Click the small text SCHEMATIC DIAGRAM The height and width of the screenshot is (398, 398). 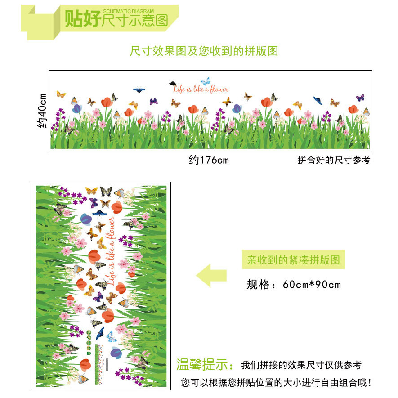tap(128, 11)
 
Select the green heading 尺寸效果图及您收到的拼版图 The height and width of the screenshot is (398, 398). tap(204, 51)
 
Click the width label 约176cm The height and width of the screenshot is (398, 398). tap(209, 160)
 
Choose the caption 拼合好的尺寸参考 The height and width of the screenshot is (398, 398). tap(334, 160)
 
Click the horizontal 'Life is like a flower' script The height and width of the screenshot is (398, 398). tap(201, 89)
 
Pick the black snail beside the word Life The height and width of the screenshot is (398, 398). tap(173, 83)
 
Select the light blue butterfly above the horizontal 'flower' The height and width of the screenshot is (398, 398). tap(206, 81)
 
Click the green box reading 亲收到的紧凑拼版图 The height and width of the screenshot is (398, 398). tap(293, 259)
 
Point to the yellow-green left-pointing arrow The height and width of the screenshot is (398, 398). tap(211, 275)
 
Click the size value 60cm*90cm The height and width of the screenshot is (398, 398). tap(312, 285)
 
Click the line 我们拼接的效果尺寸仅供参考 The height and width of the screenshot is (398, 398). tap(301, 365)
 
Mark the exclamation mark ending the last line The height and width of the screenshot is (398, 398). tap(370, 382)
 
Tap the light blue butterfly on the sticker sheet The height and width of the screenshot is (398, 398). tap(111, 337)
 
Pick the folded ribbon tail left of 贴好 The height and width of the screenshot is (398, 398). tap(40, 23)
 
